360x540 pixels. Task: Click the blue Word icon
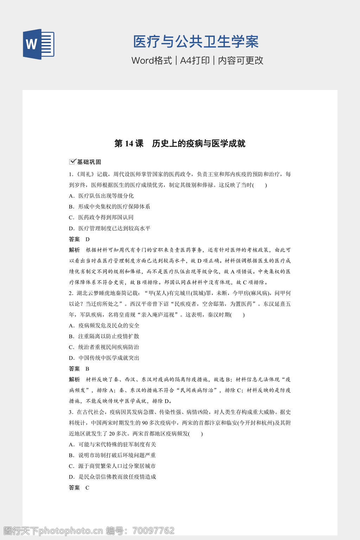[x=39, y=44]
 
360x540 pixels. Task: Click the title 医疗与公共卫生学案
[x=196, y=42]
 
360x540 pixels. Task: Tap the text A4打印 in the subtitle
[x=195, y=60]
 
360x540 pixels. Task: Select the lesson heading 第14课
[x=129, y=143]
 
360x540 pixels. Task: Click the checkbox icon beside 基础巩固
[x=72, y=162]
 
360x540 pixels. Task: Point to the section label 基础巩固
[x=89, y=162]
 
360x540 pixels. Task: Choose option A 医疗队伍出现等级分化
[x=105, y=196]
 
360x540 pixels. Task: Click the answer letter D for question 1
[x=88, y=239]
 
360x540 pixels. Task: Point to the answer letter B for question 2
[x=88, y=369]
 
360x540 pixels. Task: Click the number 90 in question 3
[x=145, y=423]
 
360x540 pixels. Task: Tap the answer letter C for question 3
[x=88, y=488]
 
